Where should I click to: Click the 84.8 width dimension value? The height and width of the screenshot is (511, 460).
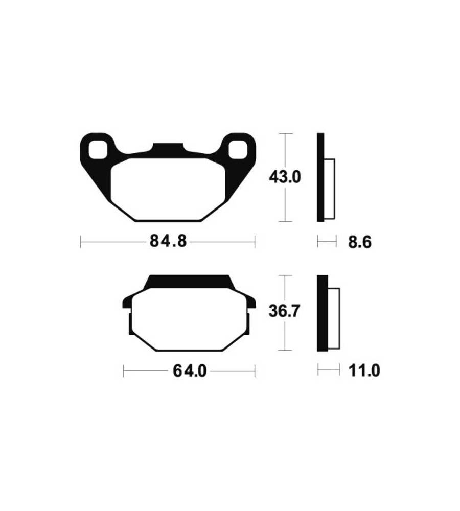coord(168,242)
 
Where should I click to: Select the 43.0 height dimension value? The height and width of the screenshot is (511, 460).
coord(285,177)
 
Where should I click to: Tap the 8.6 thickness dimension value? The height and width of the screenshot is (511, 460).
coord(360,242)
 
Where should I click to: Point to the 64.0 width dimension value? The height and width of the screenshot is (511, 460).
coord(190,371)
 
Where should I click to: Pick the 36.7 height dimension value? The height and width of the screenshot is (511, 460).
coord(284,311)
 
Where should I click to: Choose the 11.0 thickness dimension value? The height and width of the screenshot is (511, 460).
coord(364,371)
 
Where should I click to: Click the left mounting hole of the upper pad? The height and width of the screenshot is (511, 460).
coord(98,150)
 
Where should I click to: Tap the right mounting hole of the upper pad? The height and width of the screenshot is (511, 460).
coord(238,150)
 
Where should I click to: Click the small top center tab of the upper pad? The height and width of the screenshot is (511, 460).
coord(168,147)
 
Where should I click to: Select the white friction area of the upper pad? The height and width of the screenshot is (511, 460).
coord(168,189)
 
